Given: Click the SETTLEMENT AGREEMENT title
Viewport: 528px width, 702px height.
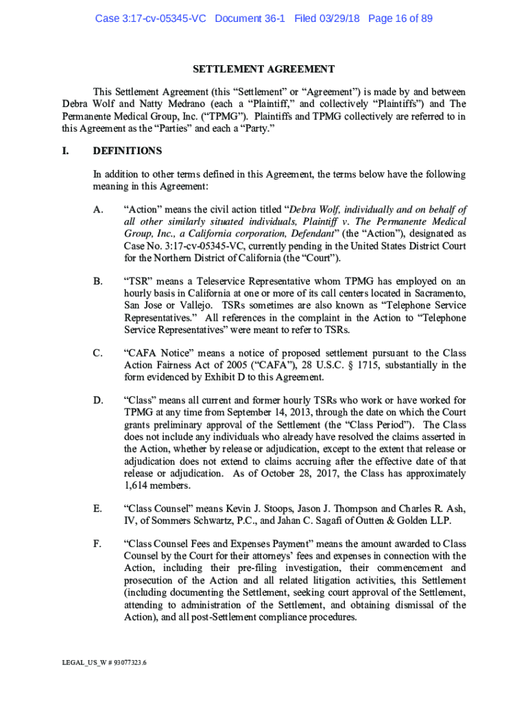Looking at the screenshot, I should click(x=263, y=69).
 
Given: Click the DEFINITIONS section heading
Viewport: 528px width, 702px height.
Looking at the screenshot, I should click(x=128, y=151).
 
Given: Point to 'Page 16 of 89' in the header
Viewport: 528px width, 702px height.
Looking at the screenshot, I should click(x=400, y=19).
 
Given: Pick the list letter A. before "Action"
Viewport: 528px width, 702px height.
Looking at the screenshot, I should click(x=98, y=210).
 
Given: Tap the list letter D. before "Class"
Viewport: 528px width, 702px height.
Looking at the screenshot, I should click(x=98, y=400).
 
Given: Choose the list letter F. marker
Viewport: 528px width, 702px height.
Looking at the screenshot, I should click(x=98, y=544).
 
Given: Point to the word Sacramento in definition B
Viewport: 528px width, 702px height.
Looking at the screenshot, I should click(x=440, y=293).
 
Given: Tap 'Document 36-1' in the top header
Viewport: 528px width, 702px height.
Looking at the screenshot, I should click(x=251, y=19).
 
